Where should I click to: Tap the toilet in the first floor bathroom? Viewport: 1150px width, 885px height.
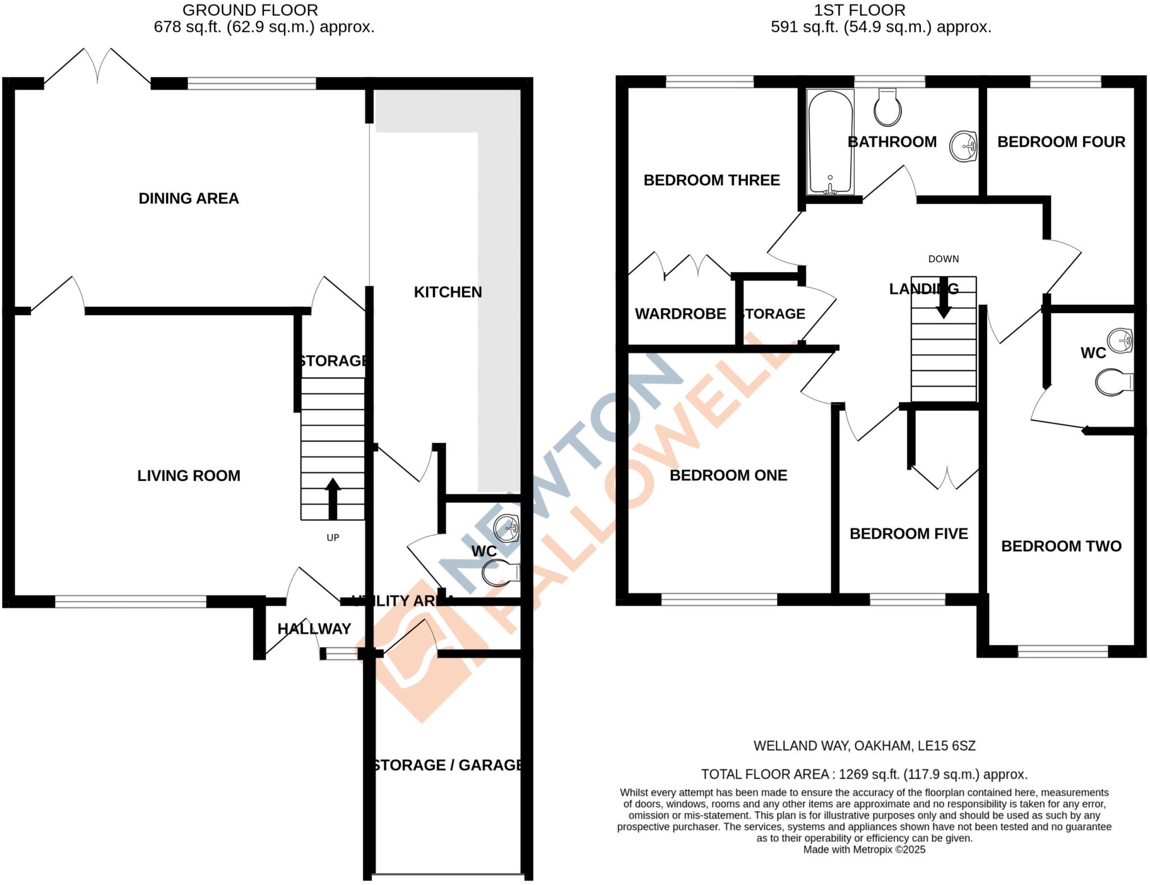tap(887, 108)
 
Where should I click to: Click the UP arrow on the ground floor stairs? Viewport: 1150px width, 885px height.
tap(333, 498)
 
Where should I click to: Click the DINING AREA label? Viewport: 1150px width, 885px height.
tap(189, 198)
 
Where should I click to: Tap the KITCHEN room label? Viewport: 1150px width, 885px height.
tap(448, 292)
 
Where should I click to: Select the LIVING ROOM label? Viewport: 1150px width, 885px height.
tap(189, 476)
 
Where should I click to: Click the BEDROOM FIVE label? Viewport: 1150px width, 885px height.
tap(909, 534)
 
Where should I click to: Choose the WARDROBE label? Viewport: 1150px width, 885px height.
tap(681, 314)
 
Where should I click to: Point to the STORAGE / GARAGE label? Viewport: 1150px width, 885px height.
tap(448, 765)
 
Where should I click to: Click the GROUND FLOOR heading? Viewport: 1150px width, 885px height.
tap(250, 10)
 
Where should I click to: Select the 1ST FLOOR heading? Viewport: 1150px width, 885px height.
tap(860, 10)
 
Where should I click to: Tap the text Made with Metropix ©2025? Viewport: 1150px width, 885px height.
tap(864, 849)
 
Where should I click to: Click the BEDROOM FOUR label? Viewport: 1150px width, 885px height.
tap(1061, 142)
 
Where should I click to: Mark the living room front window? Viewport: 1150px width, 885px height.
tap(131, 602)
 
